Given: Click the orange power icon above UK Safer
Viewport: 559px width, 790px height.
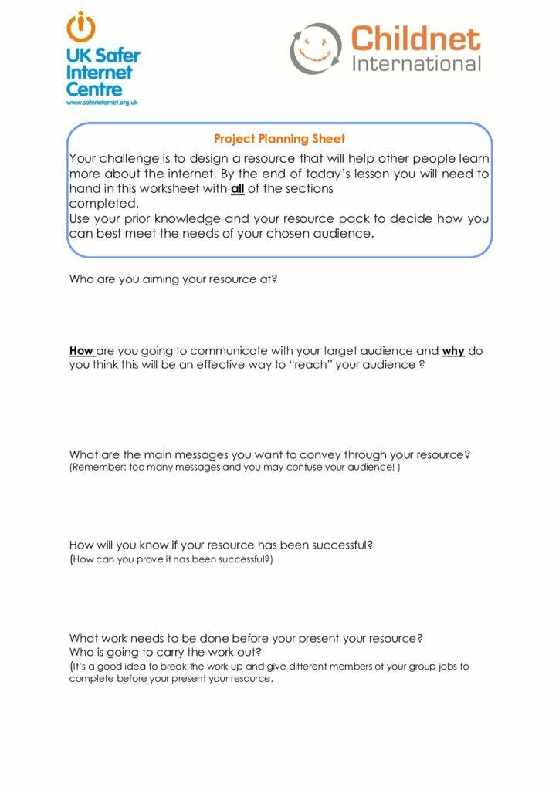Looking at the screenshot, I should (81, 28).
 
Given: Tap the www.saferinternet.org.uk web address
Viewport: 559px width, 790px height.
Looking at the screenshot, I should (102, 102).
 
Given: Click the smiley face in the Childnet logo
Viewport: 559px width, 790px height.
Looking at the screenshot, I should (315, 48).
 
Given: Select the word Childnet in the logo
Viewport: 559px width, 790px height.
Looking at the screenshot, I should (415, 38).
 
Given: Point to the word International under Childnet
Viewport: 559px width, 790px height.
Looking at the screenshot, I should (416, 63).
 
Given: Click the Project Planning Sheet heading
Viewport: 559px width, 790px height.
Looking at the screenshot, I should (279, 139).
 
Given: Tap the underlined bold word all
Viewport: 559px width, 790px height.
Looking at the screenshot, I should (238, 188).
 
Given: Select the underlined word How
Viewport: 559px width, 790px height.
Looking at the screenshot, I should (81, 351).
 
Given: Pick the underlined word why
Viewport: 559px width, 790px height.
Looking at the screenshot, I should (453, 351).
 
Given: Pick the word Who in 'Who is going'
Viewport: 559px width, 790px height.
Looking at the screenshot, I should (81, 652).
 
